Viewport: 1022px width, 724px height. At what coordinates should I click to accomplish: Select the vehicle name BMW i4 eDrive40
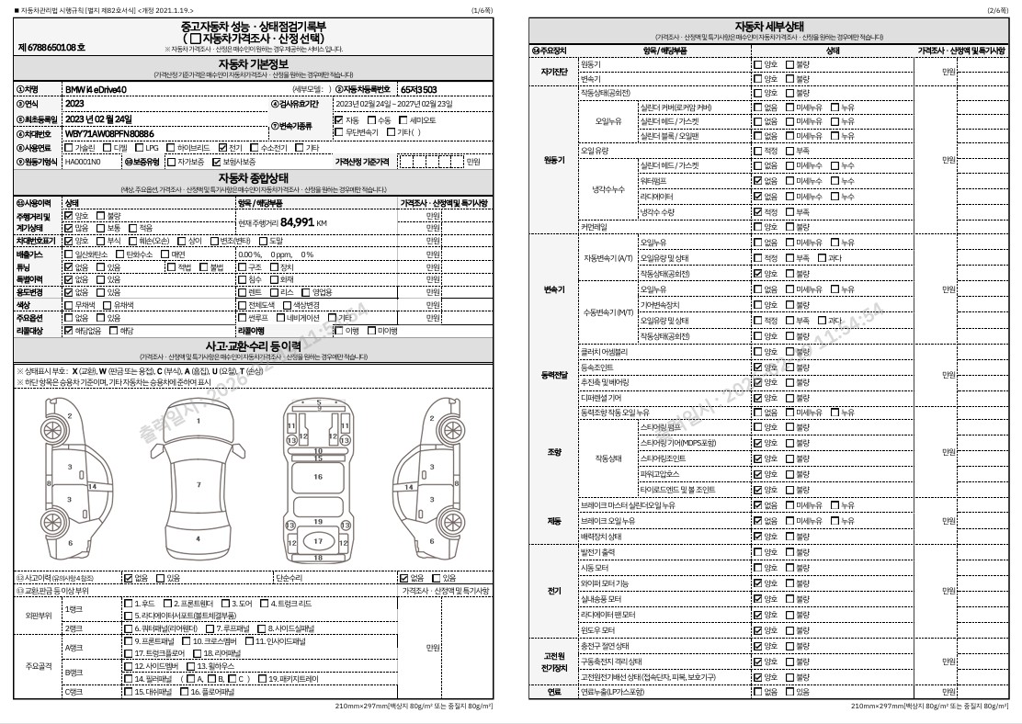coord(96,90)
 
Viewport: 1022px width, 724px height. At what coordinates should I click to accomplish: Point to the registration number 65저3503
coord(419,90)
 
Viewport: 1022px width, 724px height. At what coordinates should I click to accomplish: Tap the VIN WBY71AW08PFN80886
coord(109,133)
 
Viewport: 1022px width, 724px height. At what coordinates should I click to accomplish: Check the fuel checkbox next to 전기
coord(222,147)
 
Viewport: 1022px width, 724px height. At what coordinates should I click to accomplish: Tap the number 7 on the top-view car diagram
coord(199,483)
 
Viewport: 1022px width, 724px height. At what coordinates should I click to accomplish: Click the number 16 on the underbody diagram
coord(318,476)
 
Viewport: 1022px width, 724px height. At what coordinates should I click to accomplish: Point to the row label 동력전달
coord(553,375)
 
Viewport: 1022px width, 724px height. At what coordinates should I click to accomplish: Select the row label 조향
coord(553,452)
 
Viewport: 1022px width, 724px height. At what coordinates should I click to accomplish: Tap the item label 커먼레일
coord(593,226)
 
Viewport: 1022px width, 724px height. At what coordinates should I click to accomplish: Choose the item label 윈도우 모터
coord(596,629)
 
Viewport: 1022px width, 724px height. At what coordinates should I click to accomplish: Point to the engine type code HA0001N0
coord(83,162)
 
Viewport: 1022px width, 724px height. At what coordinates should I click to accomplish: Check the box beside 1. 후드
coord(129,604)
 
